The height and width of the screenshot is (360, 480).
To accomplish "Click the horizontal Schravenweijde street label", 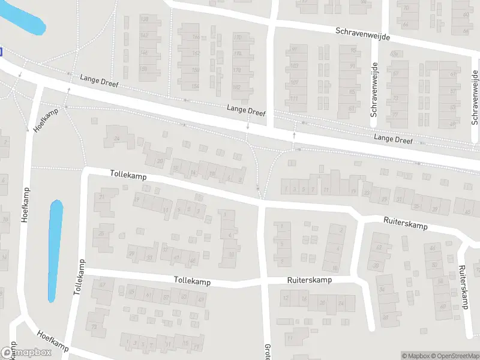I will click(363, 33).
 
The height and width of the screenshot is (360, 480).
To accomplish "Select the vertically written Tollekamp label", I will click(79, 277).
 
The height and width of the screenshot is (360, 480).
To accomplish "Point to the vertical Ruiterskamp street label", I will click(463, 287).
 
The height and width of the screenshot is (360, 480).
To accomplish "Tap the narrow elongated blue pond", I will click(55, 250).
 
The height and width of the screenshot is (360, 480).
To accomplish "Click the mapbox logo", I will click(25, 353).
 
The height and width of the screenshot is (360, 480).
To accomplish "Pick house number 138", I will click(144, 19).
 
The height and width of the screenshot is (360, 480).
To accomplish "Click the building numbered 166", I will click(196, 37).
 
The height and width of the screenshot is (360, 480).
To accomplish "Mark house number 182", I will click(236, 88).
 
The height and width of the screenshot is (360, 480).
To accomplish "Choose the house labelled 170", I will click(237, 38).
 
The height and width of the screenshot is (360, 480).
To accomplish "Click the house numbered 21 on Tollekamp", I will click(102, 197).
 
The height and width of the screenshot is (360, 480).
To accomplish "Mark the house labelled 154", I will click(195, 86).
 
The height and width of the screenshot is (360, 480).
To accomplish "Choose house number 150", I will click(196, 70).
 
